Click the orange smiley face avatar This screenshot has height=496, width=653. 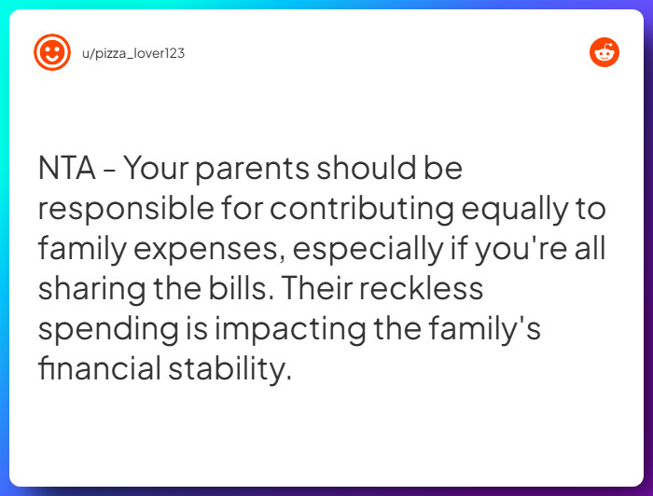click(x=52, y=52)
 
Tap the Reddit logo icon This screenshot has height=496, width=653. click(x=604, y=52)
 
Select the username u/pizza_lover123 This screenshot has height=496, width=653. click(x=133, y=53)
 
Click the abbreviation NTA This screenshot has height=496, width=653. click(x=66, y=168)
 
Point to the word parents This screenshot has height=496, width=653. click(x=253, y=170)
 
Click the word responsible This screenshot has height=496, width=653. click(x=126, y=208)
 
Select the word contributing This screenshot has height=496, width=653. click(x=362, y=209)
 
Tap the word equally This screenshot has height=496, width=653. click(x=515, y=210)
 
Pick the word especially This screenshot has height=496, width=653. click(x=368, y=249)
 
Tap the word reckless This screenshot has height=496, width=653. click(x=422, y=288)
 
